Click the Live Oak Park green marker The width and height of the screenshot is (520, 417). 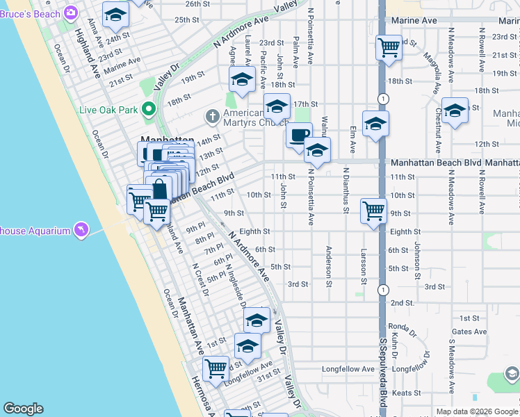[x=147, y=108]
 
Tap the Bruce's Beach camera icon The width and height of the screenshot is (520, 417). [x=70, y=13]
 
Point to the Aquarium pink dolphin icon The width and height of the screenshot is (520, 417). [x=83, y=229]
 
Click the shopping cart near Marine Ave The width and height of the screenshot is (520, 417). [x=388, y=47]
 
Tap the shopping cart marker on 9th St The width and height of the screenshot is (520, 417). [x=373, y=209]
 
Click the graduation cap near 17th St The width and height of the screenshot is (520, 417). [x=277, y=107]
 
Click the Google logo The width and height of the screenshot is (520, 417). [x=23, y=409]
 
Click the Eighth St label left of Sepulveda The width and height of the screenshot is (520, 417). [x=254, y=231]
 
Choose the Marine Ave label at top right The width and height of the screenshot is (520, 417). [x=414, y=21]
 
